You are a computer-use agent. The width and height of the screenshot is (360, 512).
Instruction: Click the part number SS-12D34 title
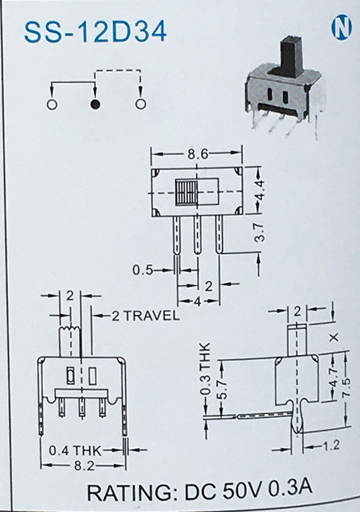click(96, 32)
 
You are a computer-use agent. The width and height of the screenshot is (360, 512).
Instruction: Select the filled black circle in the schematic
click(96, 104)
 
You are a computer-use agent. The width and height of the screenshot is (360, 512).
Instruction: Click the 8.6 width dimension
click(197, 154)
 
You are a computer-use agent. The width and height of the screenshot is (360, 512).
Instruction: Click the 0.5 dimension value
click(143, 270)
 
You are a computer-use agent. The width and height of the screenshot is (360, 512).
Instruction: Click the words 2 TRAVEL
click(146, 315)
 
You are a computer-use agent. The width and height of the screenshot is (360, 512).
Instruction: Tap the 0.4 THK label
click(75, 451)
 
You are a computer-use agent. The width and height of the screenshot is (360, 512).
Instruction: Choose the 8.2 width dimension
click(84, 466)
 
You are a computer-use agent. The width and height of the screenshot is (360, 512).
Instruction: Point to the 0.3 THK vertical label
click(206, 368)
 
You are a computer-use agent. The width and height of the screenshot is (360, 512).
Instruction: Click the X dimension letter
click(334, 338)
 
